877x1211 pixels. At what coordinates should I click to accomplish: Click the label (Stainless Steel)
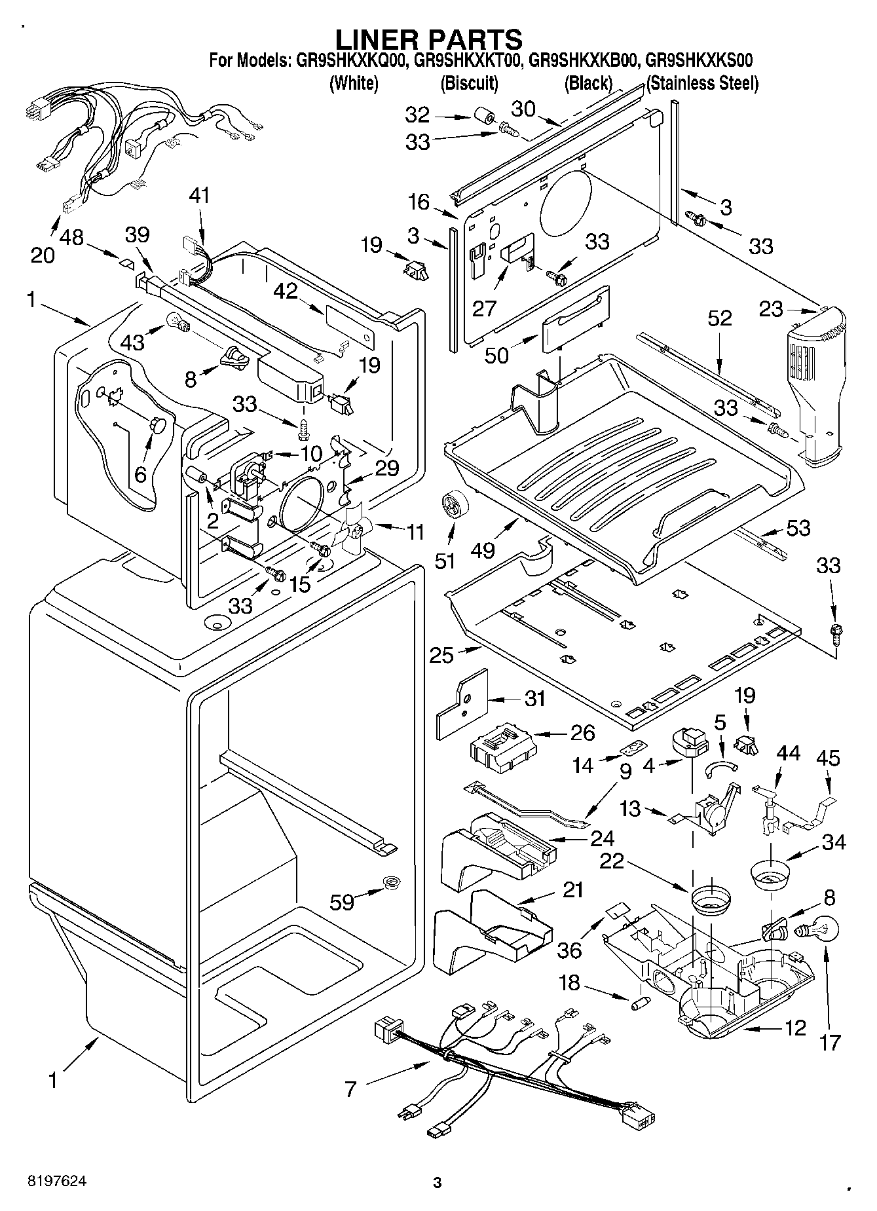coord(702,83)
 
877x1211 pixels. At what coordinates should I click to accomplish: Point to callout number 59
coord(343,902)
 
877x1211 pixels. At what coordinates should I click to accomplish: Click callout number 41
coord(200,195)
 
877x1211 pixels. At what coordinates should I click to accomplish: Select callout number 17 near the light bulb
coord(830,1041)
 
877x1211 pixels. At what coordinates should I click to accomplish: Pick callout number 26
coord(582,732)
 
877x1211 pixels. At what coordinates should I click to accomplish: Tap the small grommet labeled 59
coord(392,882)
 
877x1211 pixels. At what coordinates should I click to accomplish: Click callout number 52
coord(719,318)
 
